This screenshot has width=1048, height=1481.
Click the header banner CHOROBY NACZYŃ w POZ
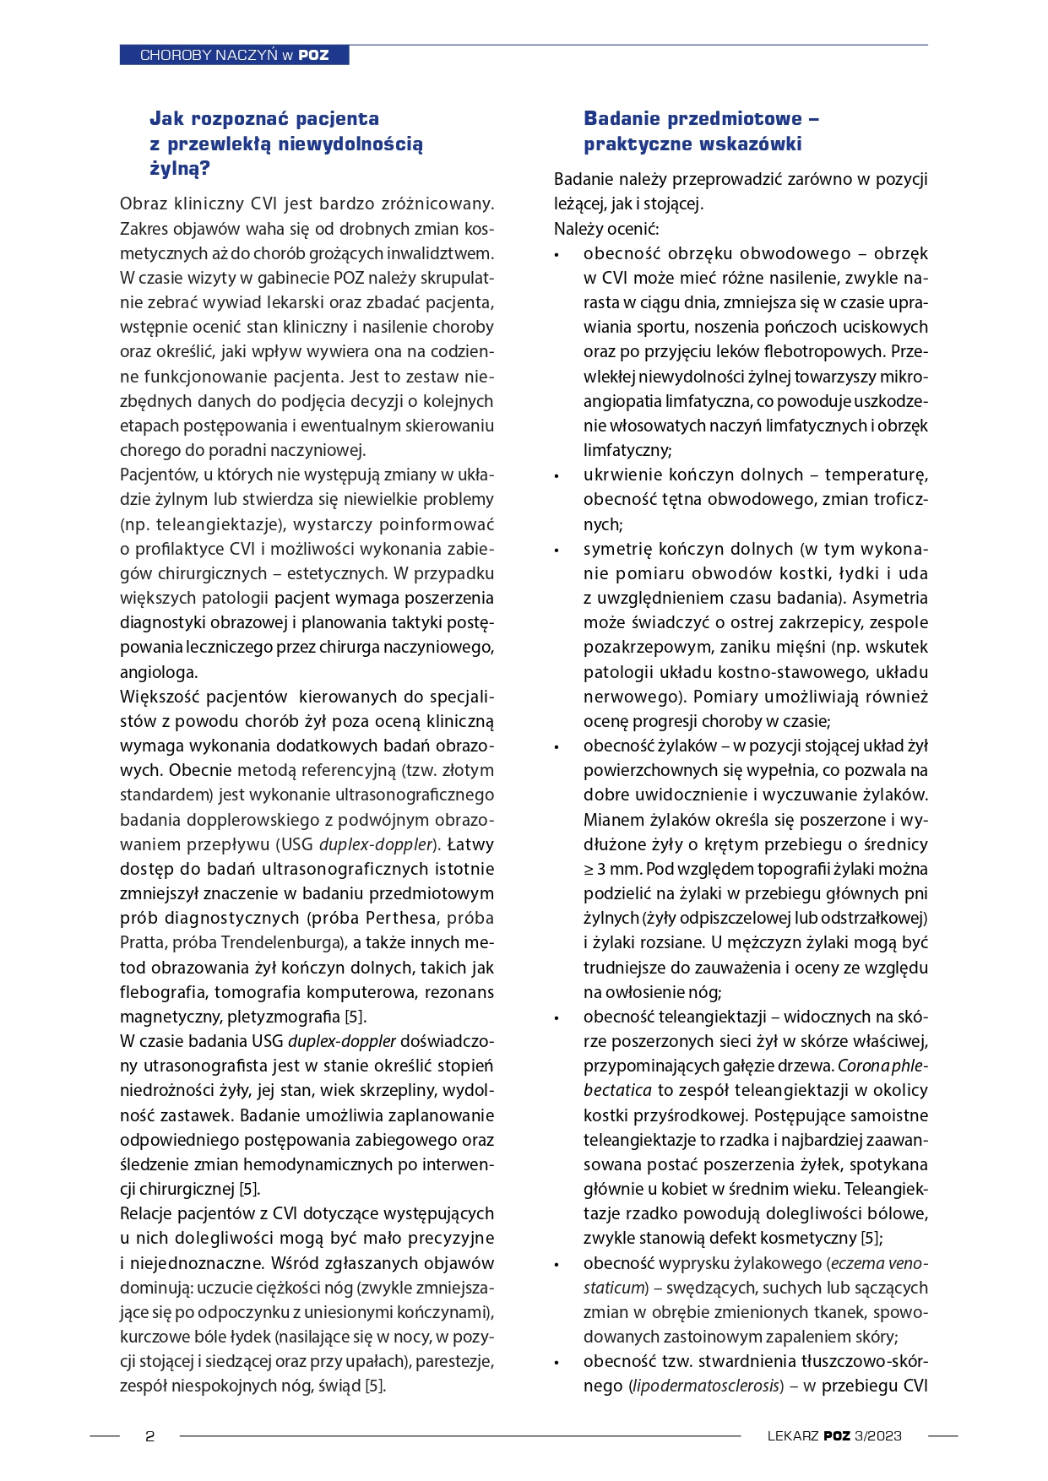point(234,56)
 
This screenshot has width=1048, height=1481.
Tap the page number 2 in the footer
point(150,1435)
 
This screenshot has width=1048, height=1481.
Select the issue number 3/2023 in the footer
point(878,1435)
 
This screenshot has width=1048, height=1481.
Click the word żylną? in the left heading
point(179,169)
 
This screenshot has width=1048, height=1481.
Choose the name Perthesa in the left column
point(402,918)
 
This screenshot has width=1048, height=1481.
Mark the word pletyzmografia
point(285,1017)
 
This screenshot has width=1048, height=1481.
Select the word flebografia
point(163,992)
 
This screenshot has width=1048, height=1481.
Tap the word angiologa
point(158,672)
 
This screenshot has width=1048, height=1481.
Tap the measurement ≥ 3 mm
point(612,869)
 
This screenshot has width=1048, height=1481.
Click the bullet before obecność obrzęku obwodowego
point(557,254)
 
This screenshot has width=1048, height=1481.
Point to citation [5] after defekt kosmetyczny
point(871,1238)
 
